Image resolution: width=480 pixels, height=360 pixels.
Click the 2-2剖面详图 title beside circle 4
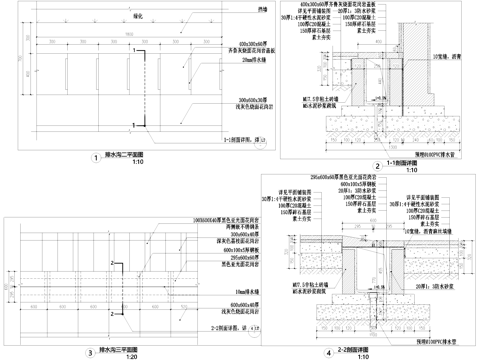coord(356,350)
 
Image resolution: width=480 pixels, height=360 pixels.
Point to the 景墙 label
coord(262,9)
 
